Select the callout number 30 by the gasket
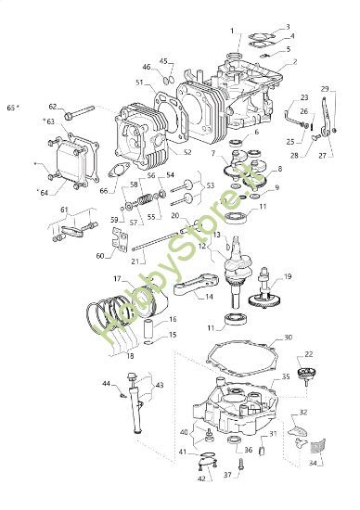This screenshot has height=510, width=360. [x=288, y=338]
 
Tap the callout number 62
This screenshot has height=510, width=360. [x=52, y=106]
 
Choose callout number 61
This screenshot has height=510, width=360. [x=64, y=210]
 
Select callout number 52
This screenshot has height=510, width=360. [x=187, y=152]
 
